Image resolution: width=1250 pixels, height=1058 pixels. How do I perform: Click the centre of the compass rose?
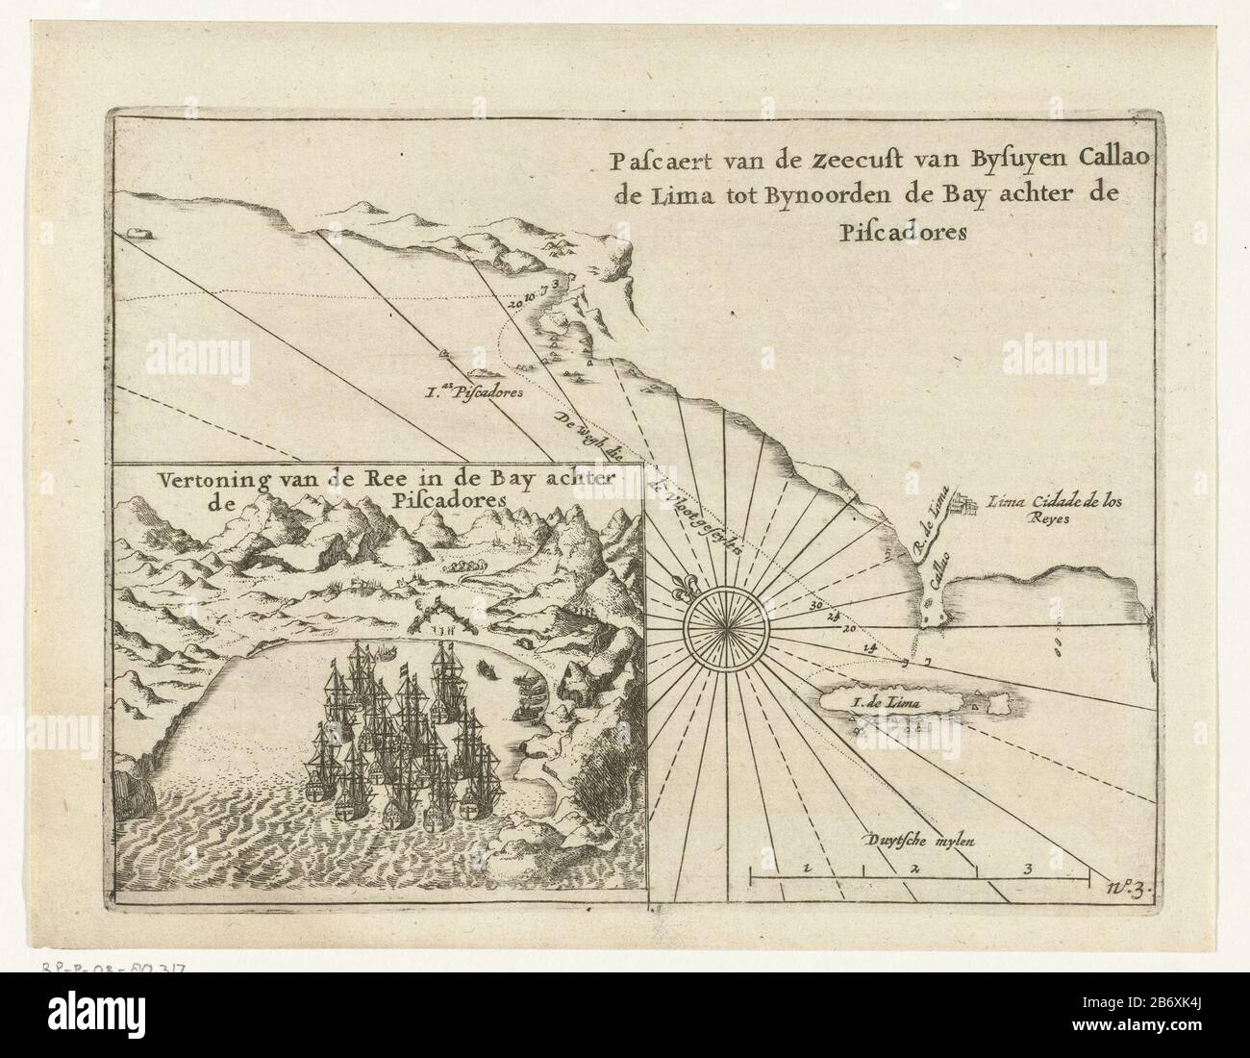tap(721, 624)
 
